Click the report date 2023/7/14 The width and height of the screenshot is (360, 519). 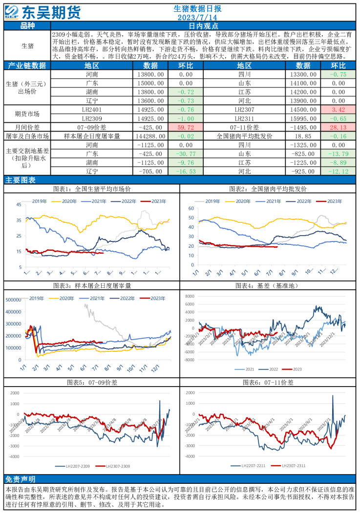point(197,18)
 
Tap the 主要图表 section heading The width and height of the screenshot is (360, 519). point(20,180)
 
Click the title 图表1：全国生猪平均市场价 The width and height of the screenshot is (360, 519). point(91,189)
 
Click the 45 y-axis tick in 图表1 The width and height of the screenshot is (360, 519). point(18,204)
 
